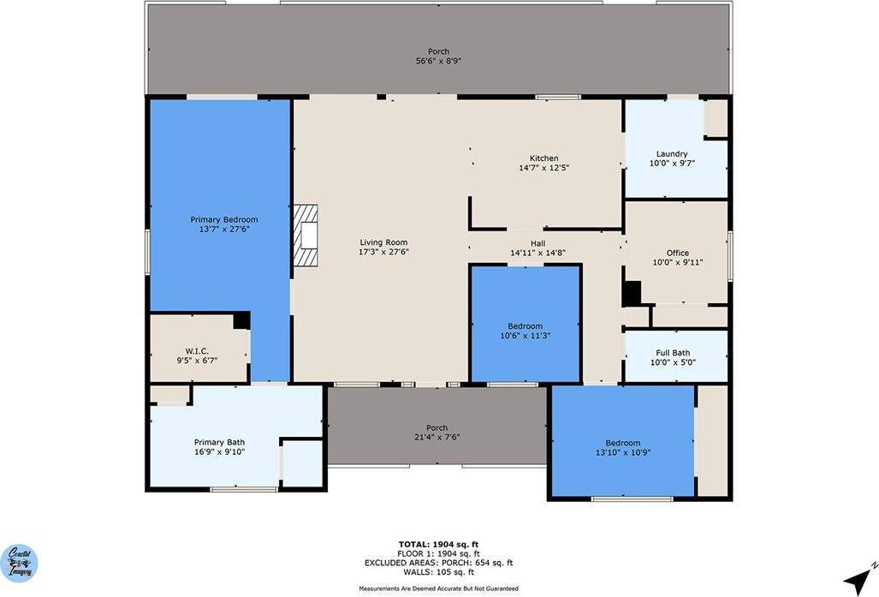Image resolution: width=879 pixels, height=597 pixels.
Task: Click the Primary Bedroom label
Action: pyautogui.click(x=223, y=219)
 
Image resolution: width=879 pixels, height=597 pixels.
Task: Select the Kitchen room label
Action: pyautogui.click(x=543, y=158)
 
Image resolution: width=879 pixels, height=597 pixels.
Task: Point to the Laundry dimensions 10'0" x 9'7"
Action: pyautogui.click(x=672, y=164)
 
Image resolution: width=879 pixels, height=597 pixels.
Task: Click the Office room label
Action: pyautogui.click(x=677, y=253)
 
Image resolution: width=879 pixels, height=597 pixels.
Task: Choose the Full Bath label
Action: pyautogui.click(x=673, y=352)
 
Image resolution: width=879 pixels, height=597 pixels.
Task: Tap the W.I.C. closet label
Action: pyautogui.click(x=197, y=351)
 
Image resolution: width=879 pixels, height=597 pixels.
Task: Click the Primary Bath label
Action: pyautogui.click(x=219, y=442)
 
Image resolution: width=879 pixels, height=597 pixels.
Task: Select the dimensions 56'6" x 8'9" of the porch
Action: pyautogui.click(x=438, y=62)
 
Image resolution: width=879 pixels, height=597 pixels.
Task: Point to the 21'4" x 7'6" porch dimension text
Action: pyautogui.click(x=437, y=438)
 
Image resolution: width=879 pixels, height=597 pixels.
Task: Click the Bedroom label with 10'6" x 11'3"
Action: pyautogui.click(x=525, y=326)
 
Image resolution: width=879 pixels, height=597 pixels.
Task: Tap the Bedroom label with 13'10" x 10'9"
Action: pyautogui.click(x=622, y=443)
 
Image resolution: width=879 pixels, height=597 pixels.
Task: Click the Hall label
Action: pyautogui.click(x=538, y=243)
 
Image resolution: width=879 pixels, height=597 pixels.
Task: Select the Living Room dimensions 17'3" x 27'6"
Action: pyautogui.click(x=383, y=252)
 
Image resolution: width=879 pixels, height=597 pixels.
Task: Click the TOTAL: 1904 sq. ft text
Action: pyautogui.click(x=437, y=544)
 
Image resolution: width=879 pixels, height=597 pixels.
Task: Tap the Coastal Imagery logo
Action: pyautogui.click(x=18, y=564)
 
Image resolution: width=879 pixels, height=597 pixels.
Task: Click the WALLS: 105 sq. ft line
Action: pyautogui.click(x=437, y=572)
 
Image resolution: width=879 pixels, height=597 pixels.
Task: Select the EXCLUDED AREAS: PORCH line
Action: pyautogui.click(x=437, y=563)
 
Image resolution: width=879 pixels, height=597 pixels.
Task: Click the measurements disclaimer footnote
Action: pyautogui.click(x=437, y=589)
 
